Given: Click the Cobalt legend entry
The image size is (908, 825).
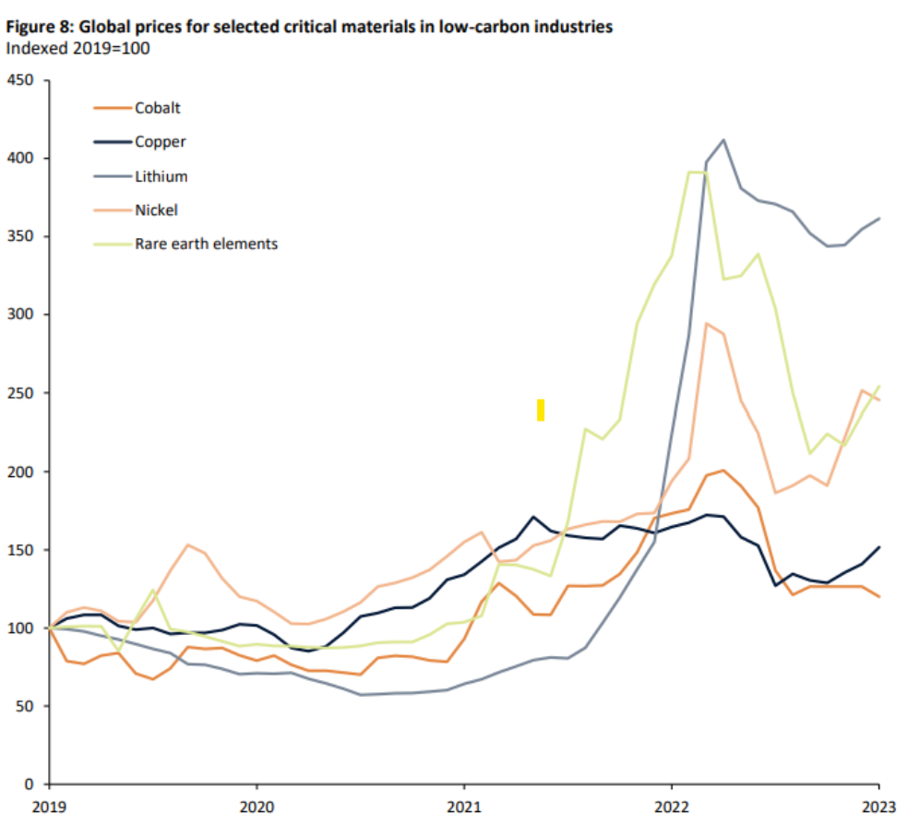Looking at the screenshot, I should point(157,108).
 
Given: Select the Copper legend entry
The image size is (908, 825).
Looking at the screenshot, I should point(160,142).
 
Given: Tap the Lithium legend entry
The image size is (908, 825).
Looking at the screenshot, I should point(161,176).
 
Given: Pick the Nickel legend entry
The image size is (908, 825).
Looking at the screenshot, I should point(156,210).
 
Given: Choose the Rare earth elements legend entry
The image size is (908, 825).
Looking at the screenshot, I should point(206,245).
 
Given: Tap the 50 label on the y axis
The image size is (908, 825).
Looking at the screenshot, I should point(27,707).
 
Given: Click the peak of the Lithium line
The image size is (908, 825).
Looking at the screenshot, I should point(723,140).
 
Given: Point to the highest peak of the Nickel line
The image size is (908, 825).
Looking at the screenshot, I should point(706,323).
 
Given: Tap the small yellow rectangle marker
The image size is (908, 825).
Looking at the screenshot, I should point(541,410).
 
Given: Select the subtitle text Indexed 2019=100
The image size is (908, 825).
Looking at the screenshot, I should point(78,47).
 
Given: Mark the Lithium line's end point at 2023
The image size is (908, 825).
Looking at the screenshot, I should point(878,219).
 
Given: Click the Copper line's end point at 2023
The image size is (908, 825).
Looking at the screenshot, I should point(878,547).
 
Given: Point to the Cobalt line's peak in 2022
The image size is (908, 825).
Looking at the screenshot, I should point(723,471).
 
